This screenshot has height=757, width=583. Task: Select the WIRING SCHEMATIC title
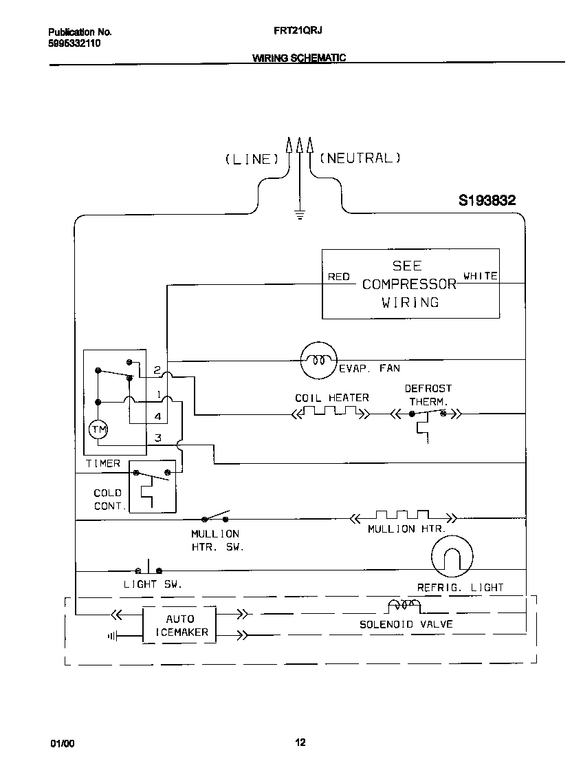click(298, 58)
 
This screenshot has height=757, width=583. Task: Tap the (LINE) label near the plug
click(252, 159)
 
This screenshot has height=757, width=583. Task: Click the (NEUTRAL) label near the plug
click(360, 158)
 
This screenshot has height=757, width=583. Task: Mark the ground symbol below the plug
click(299, 214)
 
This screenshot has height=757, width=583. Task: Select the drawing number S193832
click(487, 201)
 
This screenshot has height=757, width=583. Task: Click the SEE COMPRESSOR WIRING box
click(410, 284)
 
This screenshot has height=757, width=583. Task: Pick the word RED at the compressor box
click(339, 277)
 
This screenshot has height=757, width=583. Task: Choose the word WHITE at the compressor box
click(481, 276)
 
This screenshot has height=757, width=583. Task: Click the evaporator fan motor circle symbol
click(318, 360)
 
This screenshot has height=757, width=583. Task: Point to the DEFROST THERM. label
click(428, 394)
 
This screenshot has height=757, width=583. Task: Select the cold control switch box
click(153, 486)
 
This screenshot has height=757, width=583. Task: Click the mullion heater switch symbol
click(216, 517)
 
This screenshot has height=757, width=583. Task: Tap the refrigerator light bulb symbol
click(452, 557)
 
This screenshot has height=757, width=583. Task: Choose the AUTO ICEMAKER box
click(179, 625)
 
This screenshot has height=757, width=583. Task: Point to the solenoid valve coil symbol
click(404, 606)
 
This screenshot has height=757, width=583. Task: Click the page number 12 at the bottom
click(300, 742)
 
